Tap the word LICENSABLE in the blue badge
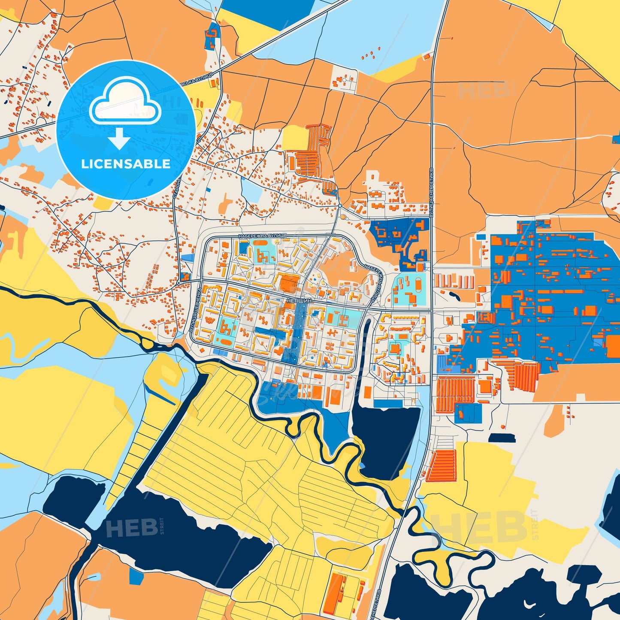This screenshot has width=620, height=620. (126, 164)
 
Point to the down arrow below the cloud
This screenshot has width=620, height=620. (119, 139)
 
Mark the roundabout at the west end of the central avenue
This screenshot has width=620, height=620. (178, 283)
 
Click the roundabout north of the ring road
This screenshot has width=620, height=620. (340, 206)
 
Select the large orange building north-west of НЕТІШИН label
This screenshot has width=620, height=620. (290, 283)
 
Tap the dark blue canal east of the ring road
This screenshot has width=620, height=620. (366, 343)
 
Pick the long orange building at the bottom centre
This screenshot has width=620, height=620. (336, 594)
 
